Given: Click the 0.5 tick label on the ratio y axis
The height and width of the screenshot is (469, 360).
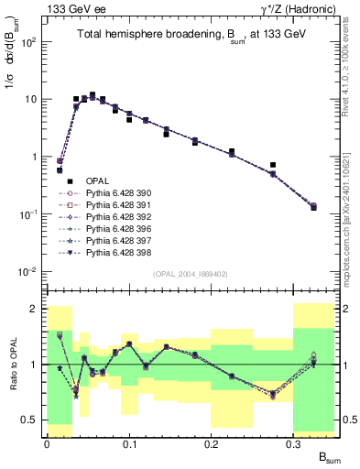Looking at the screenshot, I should click(34, 420).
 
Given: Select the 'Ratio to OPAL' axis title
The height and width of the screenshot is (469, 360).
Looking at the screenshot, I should click(11, 365).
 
